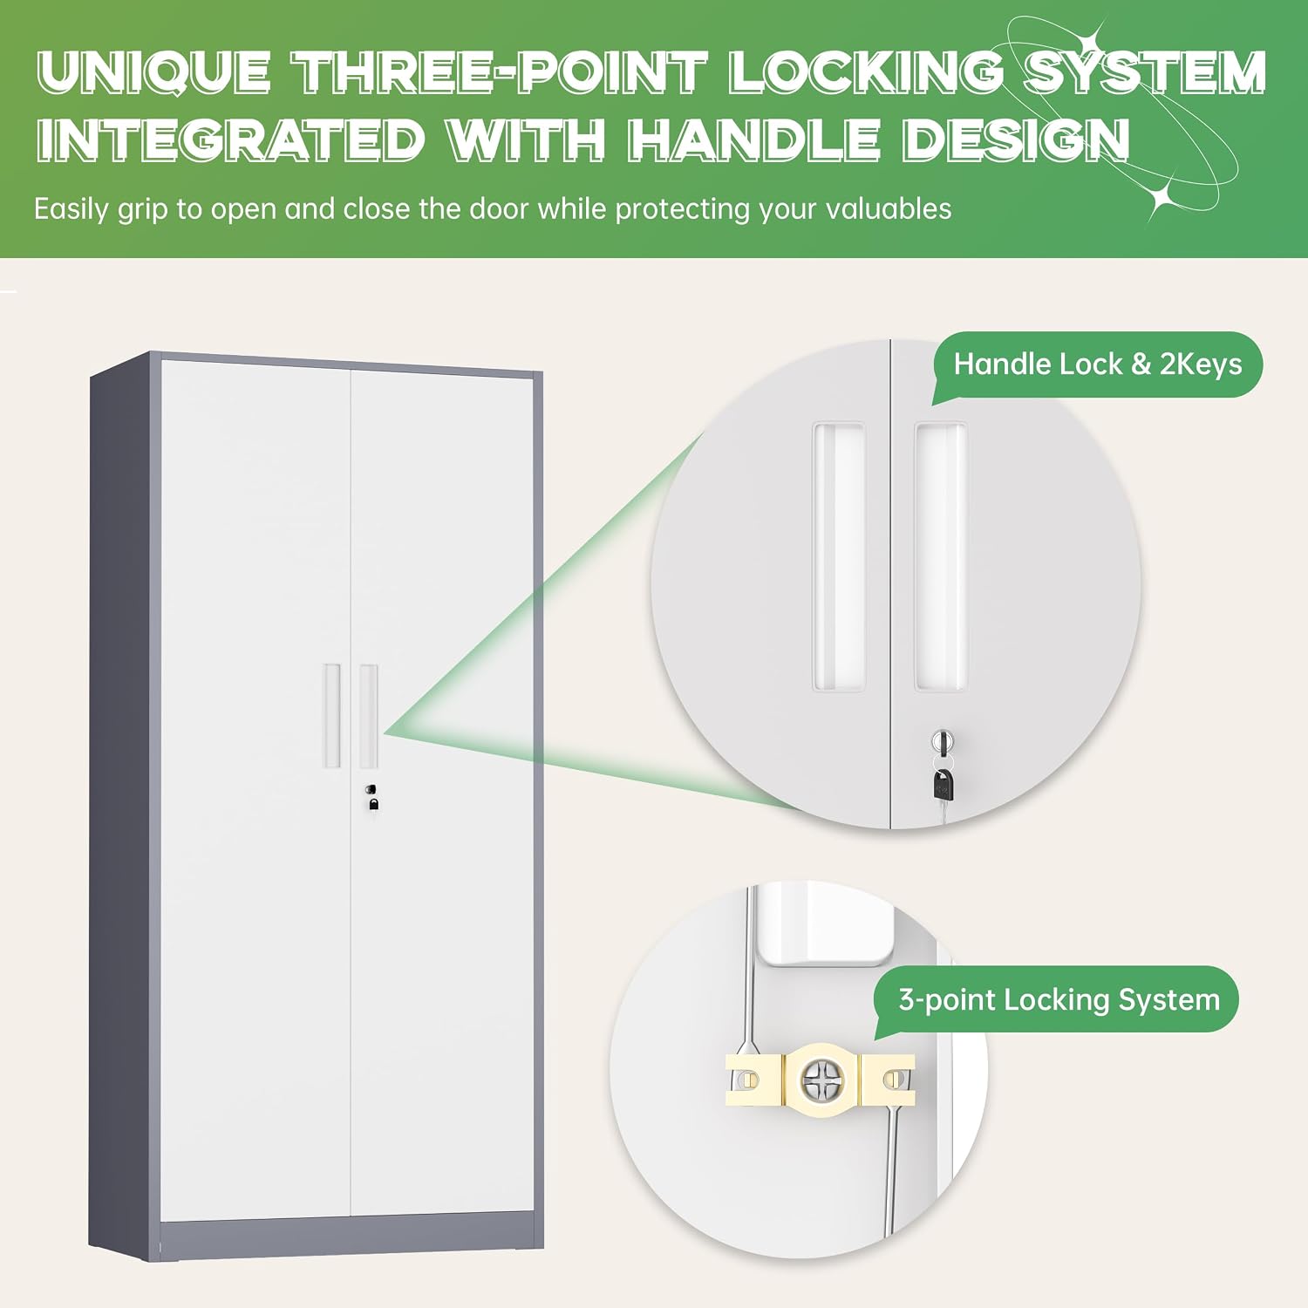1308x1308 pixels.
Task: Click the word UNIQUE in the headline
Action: [x=153, y=72]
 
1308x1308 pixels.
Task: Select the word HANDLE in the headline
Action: [x=754, y=140]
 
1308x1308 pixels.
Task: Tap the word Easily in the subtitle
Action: [x=71, y=210]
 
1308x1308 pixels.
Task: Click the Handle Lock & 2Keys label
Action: [x=1098, y=364]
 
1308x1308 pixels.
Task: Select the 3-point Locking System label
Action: [x=1059, y=999]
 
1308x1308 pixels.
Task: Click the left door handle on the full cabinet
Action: [x=331, y=715]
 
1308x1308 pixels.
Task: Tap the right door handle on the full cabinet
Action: [x=369, y=715]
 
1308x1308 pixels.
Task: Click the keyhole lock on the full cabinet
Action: [x=371, y=789]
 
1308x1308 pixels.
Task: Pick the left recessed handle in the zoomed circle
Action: [x=839, y=556]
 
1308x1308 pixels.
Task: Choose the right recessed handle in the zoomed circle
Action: [x=940, y=556]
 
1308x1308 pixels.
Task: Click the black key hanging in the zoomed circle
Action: [x=944, y=784]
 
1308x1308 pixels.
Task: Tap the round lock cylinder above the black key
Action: [x=943, y=742]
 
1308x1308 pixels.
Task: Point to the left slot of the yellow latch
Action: [x=749, y=1080]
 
